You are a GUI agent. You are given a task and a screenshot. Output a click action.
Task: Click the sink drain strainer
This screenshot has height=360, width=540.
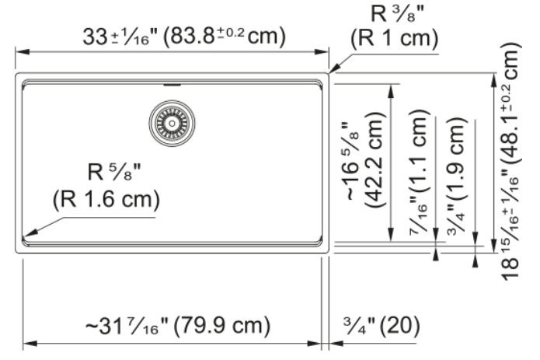tap(172, 123)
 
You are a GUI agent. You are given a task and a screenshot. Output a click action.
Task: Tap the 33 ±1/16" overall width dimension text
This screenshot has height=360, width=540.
tap(120, 37)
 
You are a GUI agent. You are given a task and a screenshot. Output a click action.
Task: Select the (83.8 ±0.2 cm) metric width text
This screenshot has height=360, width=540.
tap(225, 36)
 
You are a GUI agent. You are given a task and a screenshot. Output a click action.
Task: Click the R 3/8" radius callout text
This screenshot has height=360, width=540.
tap(397, 14)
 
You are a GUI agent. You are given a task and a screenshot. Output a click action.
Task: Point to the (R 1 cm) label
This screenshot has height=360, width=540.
tap(395, 37)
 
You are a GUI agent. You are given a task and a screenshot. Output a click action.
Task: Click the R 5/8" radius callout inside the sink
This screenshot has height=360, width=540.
tap(114, 172)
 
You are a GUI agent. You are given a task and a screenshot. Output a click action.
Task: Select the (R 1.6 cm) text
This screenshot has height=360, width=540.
tap(106, 199)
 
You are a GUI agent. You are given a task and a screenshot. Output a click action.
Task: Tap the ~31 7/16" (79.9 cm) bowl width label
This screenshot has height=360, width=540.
tap(178, 326)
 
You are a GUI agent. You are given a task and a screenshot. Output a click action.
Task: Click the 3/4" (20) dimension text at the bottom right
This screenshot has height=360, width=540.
tap(381, 325)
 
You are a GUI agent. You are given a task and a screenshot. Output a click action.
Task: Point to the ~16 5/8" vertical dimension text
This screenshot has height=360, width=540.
tap(352, 161)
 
